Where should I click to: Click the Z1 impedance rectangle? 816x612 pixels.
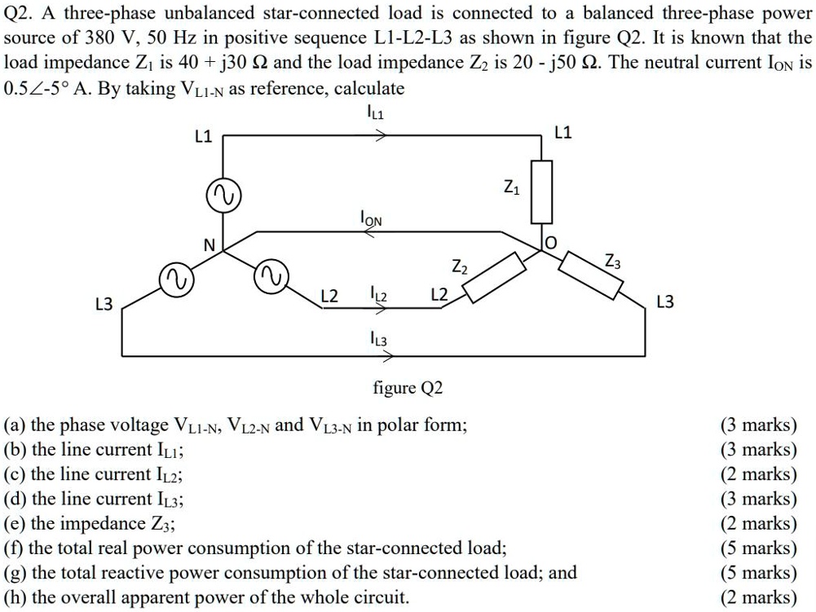tap(542, 192)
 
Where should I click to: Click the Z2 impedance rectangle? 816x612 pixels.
tap(494, 277)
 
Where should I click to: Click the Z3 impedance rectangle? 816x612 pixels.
tap(593, 275)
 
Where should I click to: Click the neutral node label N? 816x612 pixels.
tap(209, 245)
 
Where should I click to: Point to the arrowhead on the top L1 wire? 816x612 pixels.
tap(379, 137)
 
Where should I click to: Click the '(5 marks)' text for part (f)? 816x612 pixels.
tap(758, 548)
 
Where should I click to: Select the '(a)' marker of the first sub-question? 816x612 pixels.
tap(15, 425)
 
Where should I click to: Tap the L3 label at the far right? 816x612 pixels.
tap(665, 302)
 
